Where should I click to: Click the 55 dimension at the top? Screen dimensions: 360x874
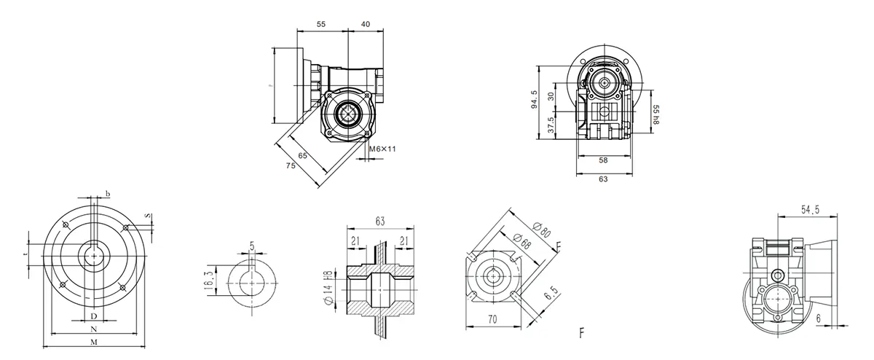321,24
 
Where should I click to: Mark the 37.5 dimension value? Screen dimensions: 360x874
551,125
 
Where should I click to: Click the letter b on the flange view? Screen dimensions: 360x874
109,193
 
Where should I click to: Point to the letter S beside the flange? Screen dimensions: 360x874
149,216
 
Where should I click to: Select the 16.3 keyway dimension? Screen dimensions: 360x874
210,280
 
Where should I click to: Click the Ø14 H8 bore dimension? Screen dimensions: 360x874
329,289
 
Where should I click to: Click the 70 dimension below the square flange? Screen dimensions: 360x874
492,318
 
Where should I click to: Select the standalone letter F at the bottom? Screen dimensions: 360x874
581,334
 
